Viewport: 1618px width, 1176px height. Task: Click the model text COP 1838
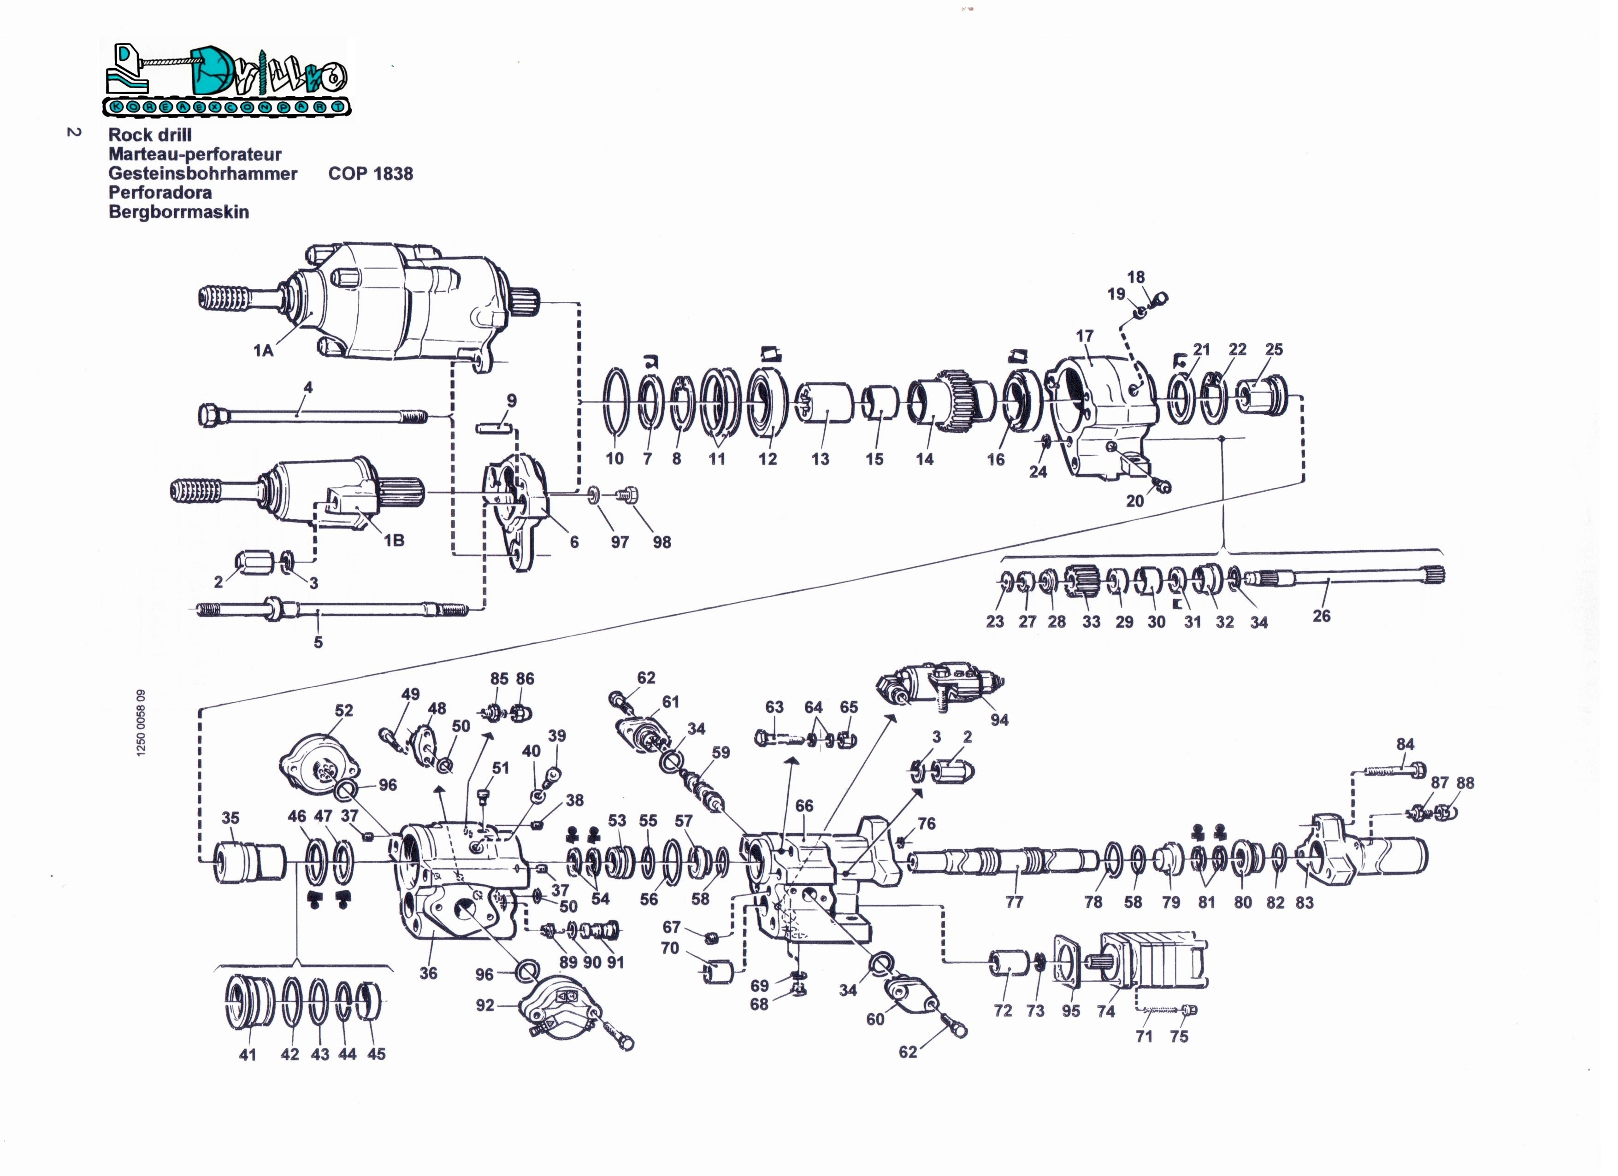(370, 173)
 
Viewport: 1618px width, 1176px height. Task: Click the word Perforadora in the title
(160, 193)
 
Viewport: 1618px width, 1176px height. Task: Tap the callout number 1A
(263, 350)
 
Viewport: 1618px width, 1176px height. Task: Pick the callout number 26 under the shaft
(1321, 616)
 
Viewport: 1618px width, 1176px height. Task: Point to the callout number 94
(999, 720)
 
